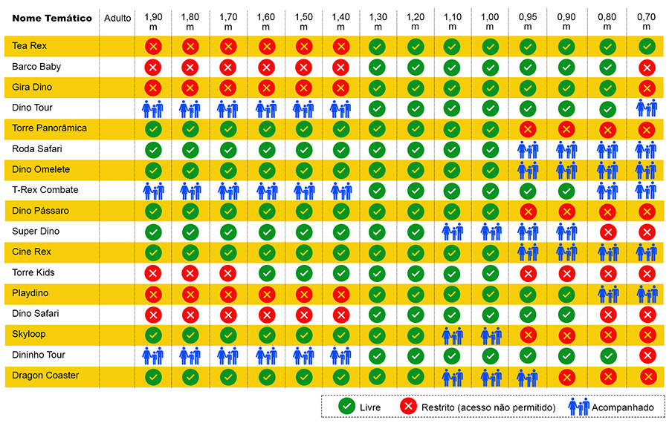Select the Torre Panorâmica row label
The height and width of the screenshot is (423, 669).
tap(49, 128)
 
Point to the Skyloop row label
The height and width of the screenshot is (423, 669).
tap(29, 334)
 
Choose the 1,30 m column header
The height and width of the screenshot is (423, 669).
tap(377, 22)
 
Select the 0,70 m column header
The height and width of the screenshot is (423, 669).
tap(647, 22)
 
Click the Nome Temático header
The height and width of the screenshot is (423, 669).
tap(52, 18)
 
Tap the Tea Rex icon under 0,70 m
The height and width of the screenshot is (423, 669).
tap(647, 46)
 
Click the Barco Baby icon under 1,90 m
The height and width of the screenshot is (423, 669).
tap(153, 67)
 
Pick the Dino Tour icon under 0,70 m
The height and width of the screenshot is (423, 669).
tap(647, 108)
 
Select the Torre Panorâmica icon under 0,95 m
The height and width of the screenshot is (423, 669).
tap(527, 128)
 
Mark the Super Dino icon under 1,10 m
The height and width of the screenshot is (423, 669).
tap(452, 232)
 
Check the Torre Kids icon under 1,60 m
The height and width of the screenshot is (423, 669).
tap(265, 272)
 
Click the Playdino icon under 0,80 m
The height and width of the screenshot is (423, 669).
tap(608, 293)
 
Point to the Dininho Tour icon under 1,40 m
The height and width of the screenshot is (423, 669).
tap(340, 355)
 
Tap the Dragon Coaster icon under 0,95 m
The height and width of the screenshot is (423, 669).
tap(527, 376)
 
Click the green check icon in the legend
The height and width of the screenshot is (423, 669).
tap(346, 406)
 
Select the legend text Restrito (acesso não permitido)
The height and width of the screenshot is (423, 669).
tap(488, 407)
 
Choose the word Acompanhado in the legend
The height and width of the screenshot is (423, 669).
tap(623, 407)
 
